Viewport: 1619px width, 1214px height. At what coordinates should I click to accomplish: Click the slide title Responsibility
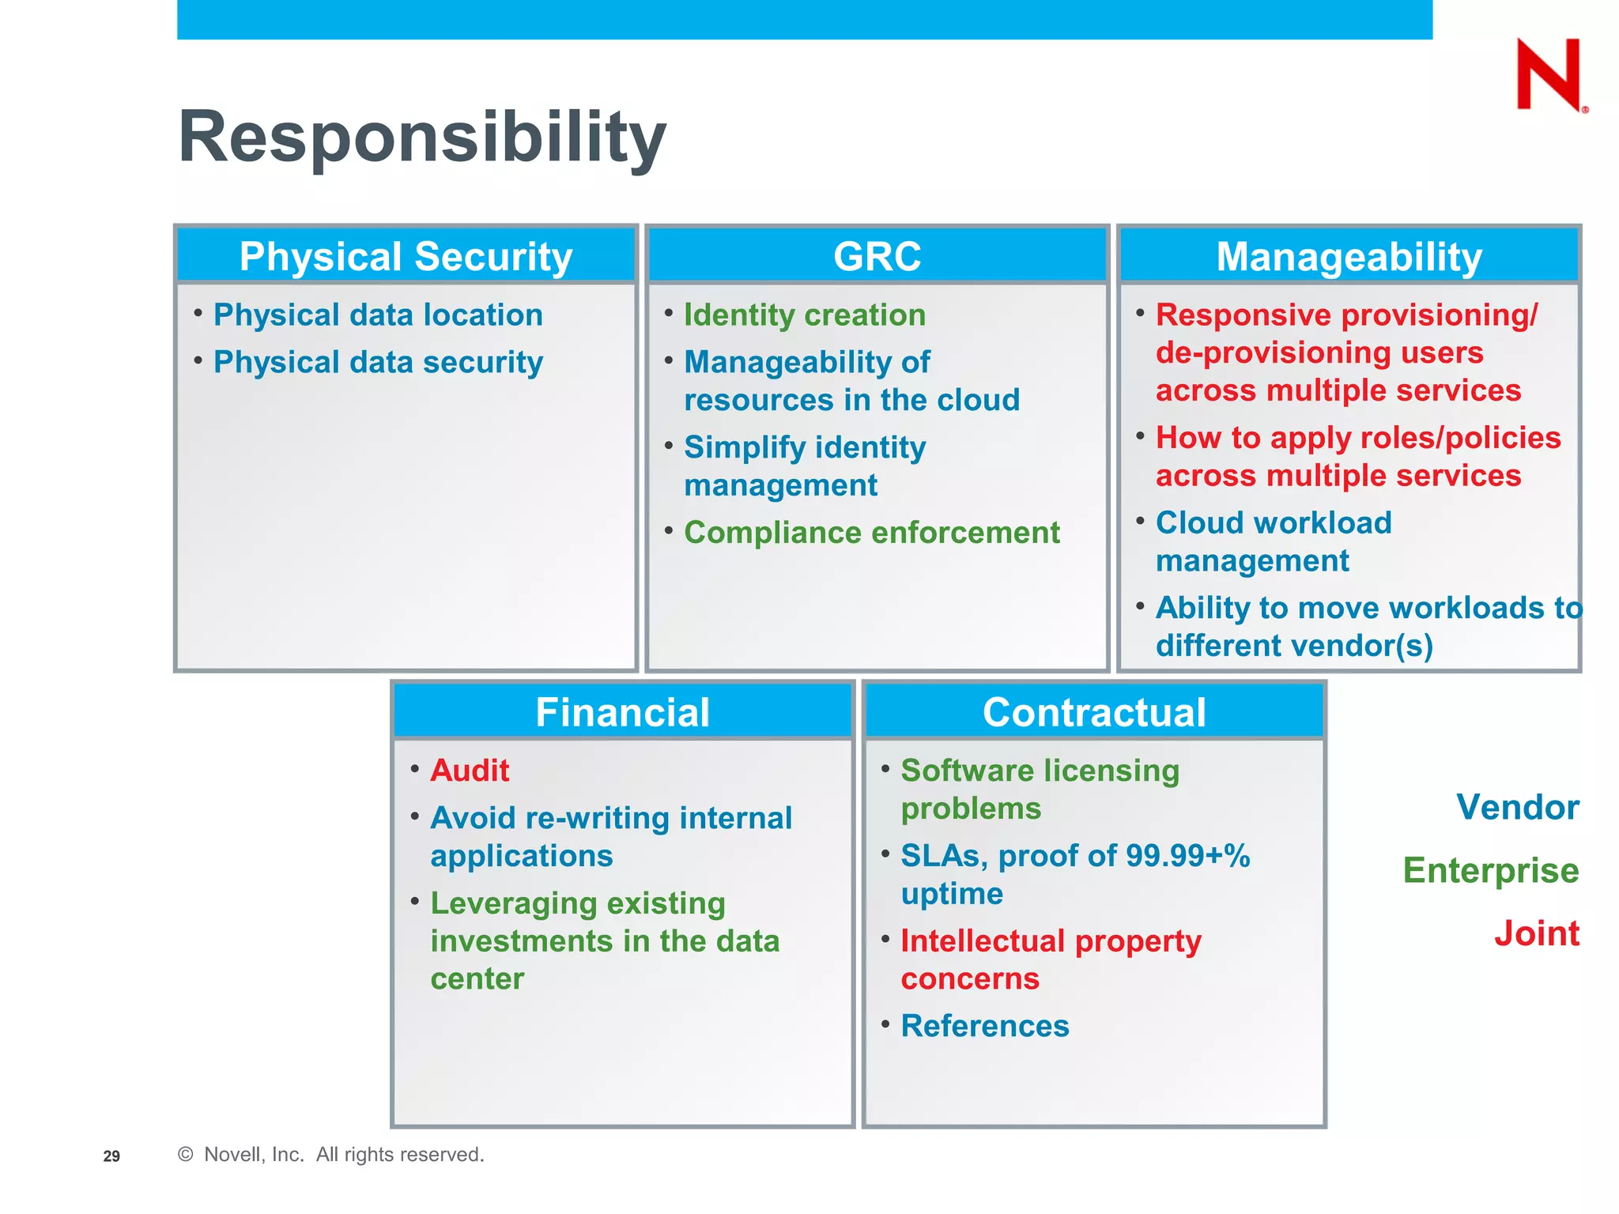tap(422, 137)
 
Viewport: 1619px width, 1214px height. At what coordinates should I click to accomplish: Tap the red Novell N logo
tap(1549, 75)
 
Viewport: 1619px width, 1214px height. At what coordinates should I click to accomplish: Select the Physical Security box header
tap(406, 256)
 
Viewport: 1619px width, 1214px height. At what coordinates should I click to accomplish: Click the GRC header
tap(877, 256)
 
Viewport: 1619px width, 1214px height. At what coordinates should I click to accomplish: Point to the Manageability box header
tap(1349, 256)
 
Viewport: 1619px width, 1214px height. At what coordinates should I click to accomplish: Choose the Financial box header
tap(622, 711)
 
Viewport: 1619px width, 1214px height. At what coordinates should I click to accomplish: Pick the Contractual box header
tap(1094, 711)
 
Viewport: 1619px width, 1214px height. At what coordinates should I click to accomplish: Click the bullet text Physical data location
tap(378, 315)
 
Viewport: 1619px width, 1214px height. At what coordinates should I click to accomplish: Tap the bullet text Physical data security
tap(378, 362)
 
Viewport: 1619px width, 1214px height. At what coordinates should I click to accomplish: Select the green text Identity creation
tap(804, 315)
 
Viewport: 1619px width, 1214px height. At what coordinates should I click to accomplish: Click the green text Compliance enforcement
tap(871, 532)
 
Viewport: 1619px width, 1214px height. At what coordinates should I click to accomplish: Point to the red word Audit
tap(470, 770)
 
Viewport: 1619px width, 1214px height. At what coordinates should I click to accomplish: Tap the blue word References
tap(984, 1025)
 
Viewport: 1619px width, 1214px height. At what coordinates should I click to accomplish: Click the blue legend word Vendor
tap(1517, 807)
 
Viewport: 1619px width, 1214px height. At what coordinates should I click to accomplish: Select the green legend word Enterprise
tap(1490, 870)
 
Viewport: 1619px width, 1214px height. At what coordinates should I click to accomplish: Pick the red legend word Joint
tap(1536, 933)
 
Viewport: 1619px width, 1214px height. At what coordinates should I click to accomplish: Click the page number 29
tap(111, 1156)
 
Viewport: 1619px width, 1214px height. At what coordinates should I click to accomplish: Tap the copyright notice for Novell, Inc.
tap(332, 1154)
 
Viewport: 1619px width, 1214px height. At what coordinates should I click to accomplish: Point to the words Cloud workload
tap(1273, 522)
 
